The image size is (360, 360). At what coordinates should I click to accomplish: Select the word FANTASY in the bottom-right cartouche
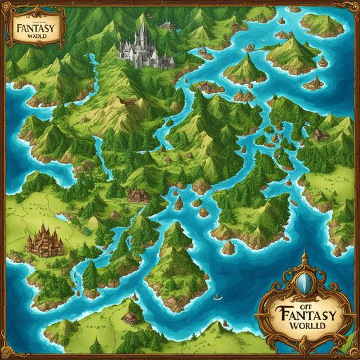pyautogui.click(x=307, y=311)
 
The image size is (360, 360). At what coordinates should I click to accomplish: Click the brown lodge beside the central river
pyautogui.click(x=137, y=195)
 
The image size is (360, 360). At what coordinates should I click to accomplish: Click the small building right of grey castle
pyautogui.click(x=167, y=25)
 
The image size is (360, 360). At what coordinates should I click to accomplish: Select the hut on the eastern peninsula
pyautogui.click(x=321, y=134)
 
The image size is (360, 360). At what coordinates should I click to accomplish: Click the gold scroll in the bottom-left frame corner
pyautogui.click(x=13, y=347)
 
